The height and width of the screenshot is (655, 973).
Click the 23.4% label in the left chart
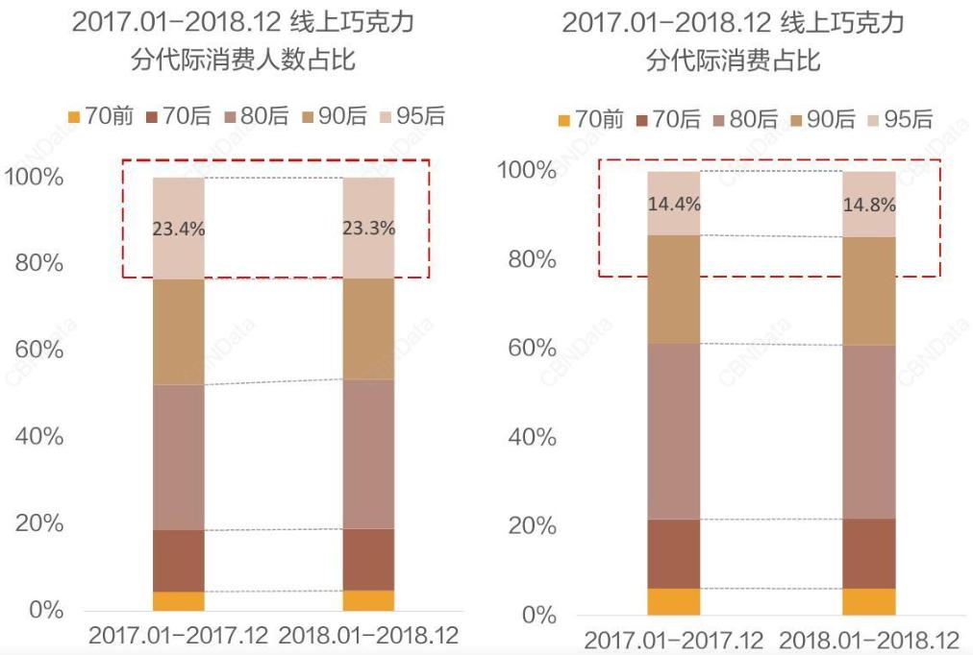179,230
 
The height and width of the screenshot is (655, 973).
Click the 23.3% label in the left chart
369,230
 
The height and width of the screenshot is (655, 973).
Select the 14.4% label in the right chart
674,204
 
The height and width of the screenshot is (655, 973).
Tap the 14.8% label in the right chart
869,205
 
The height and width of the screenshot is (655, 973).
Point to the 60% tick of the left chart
39,350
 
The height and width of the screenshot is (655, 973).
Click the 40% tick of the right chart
533,437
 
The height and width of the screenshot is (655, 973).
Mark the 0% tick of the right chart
539,615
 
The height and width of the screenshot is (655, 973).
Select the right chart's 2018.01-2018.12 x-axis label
869,640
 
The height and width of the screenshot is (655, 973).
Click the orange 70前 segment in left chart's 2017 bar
179,601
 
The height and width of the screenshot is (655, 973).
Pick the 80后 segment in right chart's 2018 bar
869,432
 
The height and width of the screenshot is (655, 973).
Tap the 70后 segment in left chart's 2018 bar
369,559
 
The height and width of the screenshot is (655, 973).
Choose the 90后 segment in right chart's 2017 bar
674,289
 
